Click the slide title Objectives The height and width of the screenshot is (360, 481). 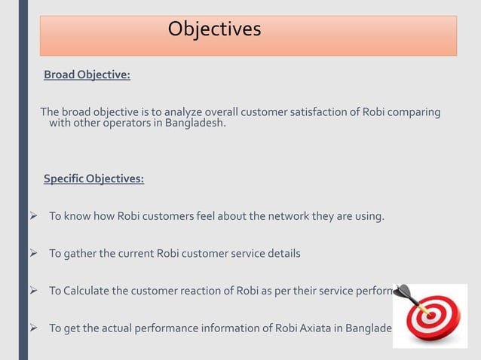214,29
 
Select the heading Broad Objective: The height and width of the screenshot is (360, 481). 87,75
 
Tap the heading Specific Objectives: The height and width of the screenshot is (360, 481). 93,179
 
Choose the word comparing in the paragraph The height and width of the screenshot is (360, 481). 414,112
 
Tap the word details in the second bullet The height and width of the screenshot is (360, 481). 283,254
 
